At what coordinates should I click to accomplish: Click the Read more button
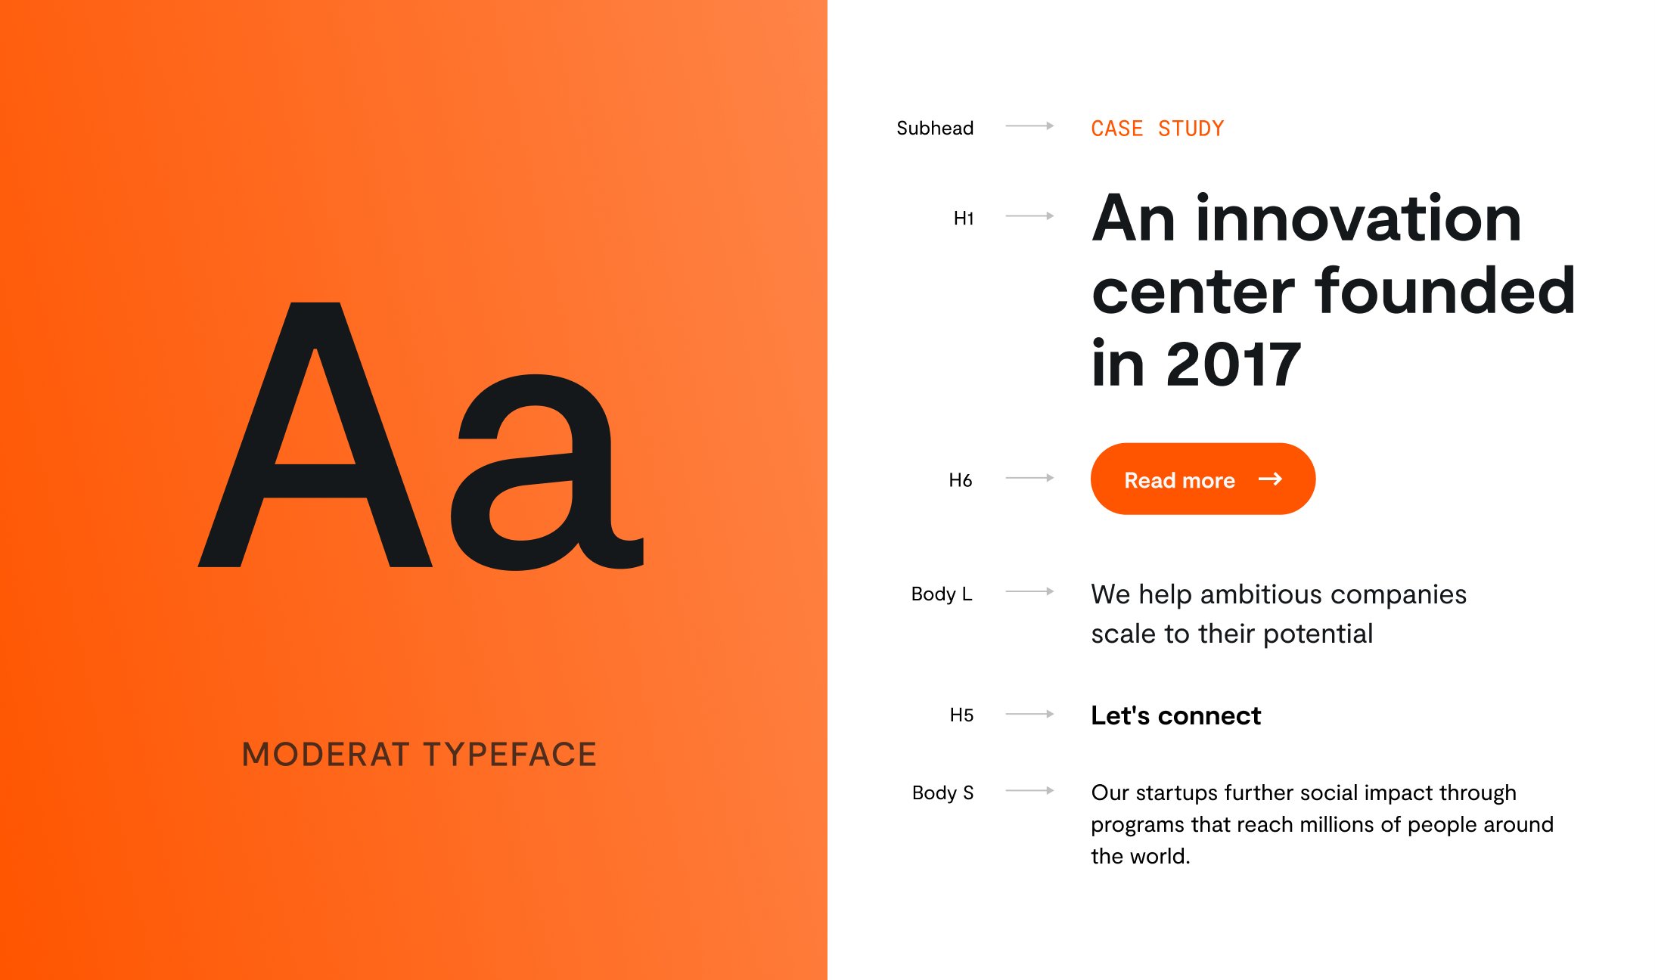tap(1203, 479)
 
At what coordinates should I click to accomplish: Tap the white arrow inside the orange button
tap(1271, 479)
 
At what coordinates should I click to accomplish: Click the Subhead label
tap(935, 128)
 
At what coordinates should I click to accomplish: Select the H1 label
tap(964, 219)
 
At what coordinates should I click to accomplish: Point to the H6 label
tap(961, 480)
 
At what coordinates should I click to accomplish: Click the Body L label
tap(942, 594)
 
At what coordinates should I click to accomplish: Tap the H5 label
tap(961, 715)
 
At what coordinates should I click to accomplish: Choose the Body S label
tap(942, 792)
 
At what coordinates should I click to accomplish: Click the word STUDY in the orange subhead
tap(1191, 129)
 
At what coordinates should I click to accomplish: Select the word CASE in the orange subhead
tap(1116, 129)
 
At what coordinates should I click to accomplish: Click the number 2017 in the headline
tap(1234, 364)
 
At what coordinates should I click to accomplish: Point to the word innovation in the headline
tap(1358, 219)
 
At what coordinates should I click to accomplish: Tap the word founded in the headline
tap(1445, 290)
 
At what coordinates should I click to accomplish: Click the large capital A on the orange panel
tap(315, 434)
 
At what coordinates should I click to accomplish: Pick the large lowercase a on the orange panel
tap(547, 472)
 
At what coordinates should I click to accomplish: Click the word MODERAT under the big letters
tap(326, 755)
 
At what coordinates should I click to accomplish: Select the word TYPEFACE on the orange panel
tap(510, 755)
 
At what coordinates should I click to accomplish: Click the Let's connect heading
tap(1175, 715)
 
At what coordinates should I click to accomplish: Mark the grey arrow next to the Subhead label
tap(1029, 126)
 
